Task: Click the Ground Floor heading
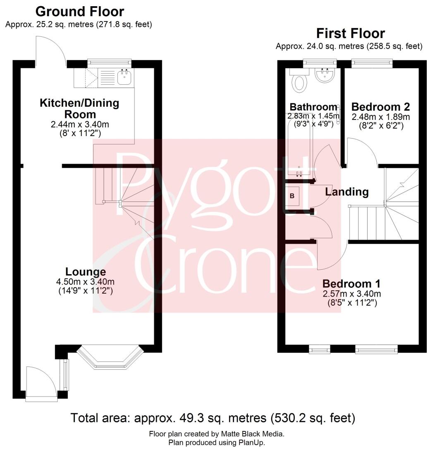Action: (80, 11)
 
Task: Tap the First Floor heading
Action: (350, 33)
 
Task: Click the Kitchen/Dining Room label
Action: (79, 108)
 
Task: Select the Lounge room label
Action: (86, 272)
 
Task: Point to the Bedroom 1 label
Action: (351, 284)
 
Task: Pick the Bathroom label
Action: (313, 106)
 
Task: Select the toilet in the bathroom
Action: (299, 81)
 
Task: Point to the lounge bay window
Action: (110, 357)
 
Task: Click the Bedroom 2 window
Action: (371, 63)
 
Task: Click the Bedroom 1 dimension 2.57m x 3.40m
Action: (351, 294)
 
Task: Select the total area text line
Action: (213, 418)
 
